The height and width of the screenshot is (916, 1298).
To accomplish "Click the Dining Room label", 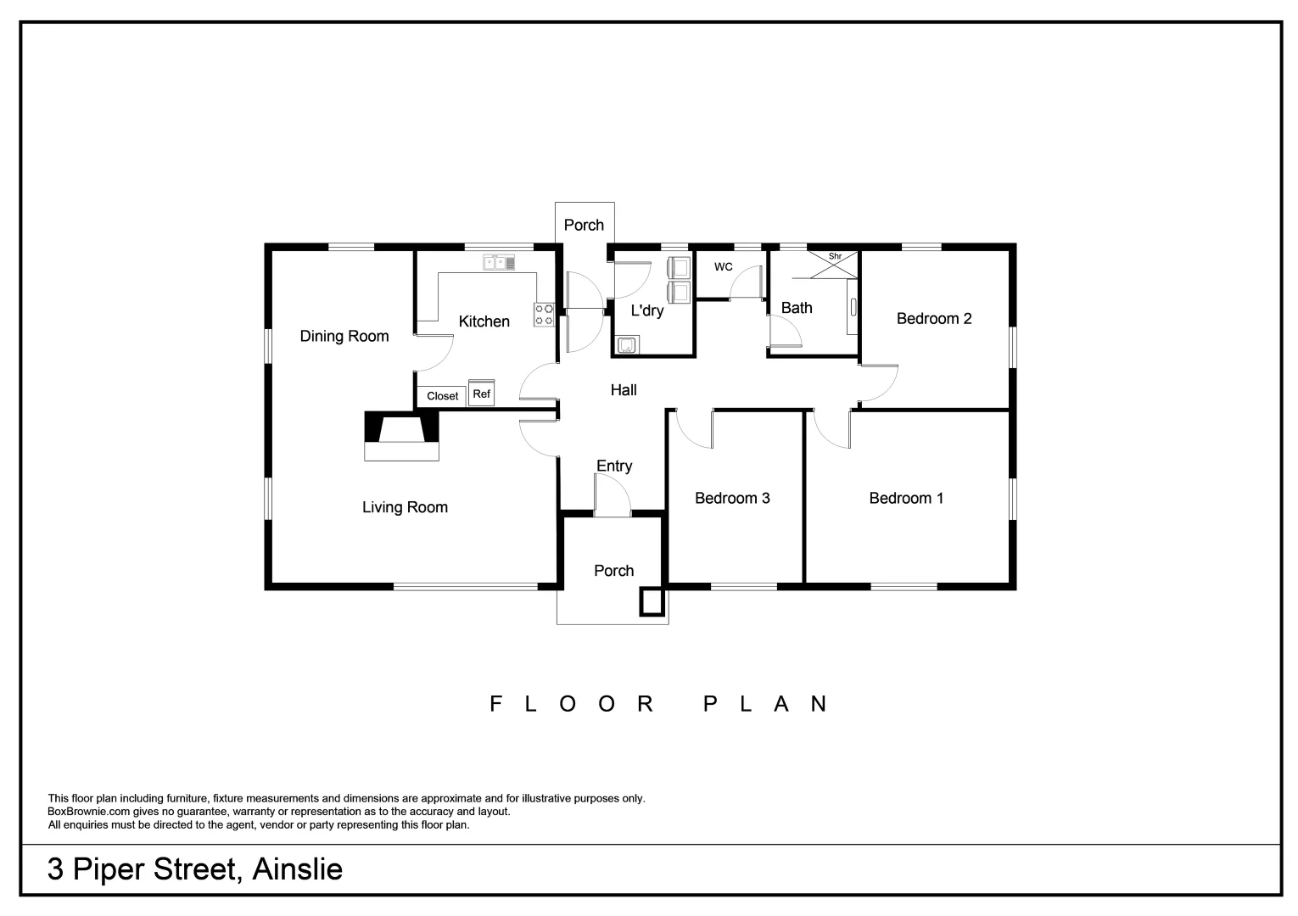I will pyautogui.click(x=344, y=337).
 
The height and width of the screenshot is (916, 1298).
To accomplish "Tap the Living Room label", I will pyautogui.click(x=405, y=507).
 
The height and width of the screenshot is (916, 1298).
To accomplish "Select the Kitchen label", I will pyautogui.click(x=484, y=321).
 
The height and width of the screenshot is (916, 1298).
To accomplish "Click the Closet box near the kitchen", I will pyautogui.click(x=442, y=396).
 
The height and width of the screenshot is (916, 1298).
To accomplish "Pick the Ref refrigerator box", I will pyautogui.click(x=481, y=394).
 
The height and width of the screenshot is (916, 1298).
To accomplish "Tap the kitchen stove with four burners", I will pyautogui.click(x=544, y=315).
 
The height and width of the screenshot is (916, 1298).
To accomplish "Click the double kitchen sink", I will pyautogui.click(x=500, y=263).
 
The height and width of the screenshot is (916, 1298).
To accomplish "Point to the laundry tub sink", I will pyautogui.click(x=626, y=344).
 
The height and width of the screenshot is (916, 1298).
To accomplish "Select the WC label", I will pyautogui.click(x=723, y=267).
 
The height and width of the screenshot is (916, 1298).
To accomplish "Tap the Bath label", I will pyautogui.click(x=797, y=308).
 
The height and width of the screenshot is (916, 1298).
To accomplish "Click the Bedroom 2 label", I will pyautogui.click(x=934, y=319).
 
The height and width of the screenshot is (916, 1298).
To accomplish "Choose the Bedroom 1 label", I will pyautogui.click(x=906, y=499).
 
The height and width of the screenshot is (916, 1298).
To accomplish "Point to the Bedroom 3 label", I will pyautogui.click(x=732, y=499).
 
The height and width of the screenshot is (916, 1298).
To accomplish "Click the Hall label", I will pyautogui.click(x=624, y=390).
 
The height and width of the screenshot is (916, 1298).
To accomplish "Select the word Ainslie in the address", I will pyautogui.click(x=297, y=869).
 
